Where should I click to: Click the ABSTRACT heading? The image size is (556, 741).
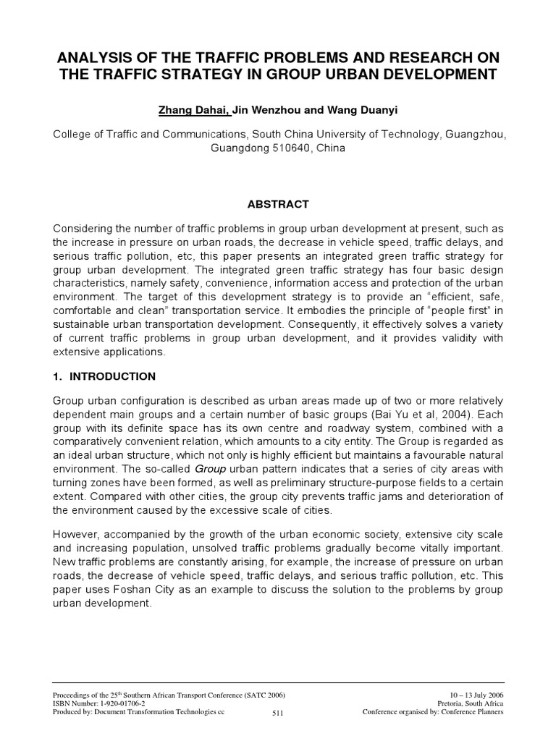pyautogui.click(x=278, y=204)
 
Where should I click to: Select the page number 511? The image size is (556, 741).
pyautogui.click(x=277, y=713)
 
